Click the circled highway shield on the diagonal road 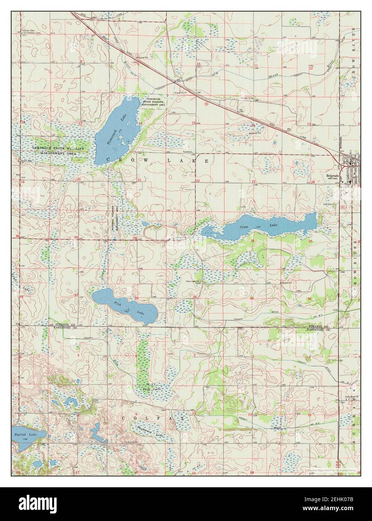205,104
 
